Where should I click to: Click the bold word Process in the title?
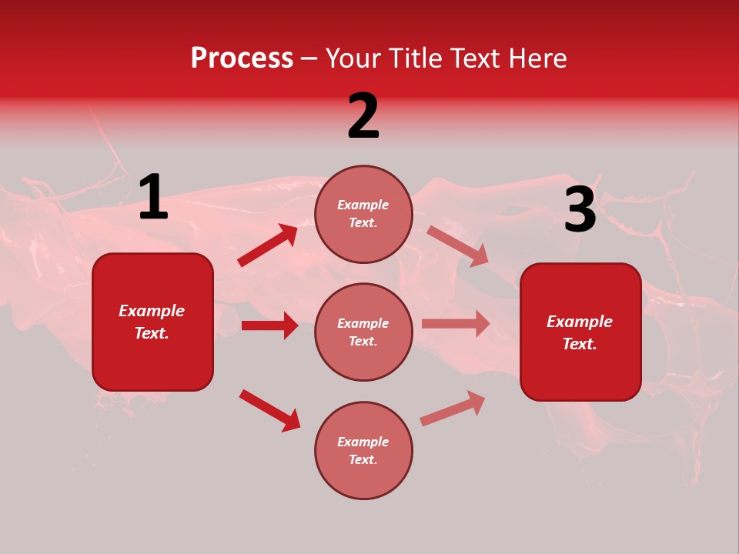(x=242, y=58)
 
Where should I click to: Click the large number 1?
(x=153, y=198)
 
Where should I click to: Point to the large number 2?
(x=363, y=117)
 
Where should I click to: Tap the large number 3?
(x=580, y=210)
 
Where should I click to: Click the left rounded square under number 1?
(x=152, y=322)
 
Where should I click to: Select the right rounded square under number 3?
(x=580, y=332)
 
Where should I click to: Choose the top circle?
(x=363, y=214)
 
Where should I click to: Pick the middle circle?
(x=363, y=332)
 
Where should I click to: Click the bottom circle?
(x=363, y=451)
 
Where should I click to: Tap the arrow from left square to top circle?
(x=268, y=245)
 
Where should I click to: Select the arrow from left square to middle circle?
(x=269, y=325)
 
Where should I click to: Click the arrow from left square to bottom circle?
(x=269, y=410)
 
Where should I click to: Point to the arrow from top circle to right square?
(x=457, y=246)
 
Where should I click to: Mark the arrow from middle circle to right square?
(x=456, y=323)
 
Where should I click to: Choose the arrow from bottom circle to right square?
(x=453, y=409)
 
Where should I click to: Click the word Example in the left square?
(x=152, y=311)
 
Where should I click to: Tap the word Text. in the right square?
(x=580, y=344)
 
